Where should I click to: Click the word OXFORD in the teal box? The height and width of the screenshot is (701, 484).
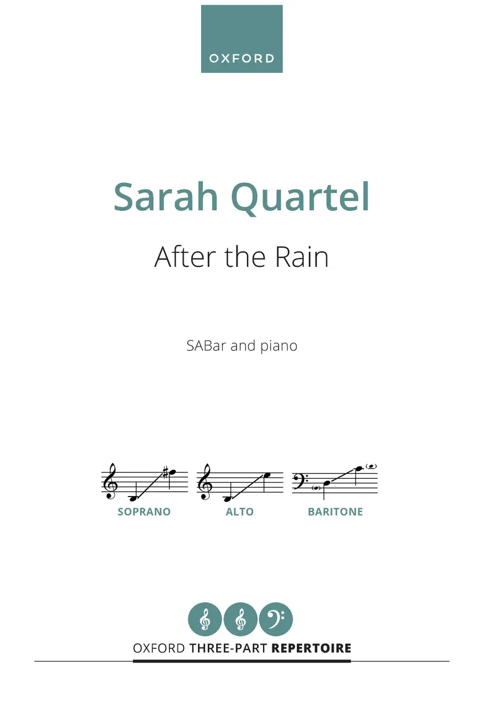pos(241,58)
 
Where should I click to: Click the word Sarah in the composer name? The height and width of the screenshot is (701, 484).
pos(166,197)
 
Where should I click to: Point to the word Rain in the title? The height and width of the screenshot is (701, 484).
pos(302,257)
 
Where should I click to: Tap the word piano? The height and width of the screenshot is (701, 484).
pos(279,347)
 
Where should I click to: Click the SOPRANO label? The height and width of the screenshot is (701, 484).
pos(144,512)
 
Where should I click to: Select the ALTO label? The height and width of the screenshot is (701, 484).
pos(240,512)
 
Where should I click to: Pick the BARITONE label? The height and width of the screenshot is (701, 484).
pos(336,512)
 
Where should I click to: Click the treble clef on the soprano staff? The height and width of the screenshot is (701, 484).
pos(110,481)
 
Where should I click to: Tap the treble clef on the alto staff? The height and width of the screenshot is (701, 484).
pos(205,481)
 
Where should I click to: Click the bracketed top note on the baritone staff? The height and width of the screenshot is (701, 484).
pos(372,466)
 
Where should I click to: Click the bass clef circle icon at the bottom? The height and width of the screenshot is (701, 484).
pos(276,619)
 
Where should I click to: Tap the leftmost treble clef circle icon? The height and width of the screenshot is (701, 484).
pos(205,619)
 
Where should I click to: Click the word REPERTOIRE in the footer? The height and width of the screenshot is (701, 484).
pos(311,648)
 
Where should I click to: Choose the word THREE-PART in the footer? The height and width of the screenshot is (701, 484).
pos(228,648)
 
